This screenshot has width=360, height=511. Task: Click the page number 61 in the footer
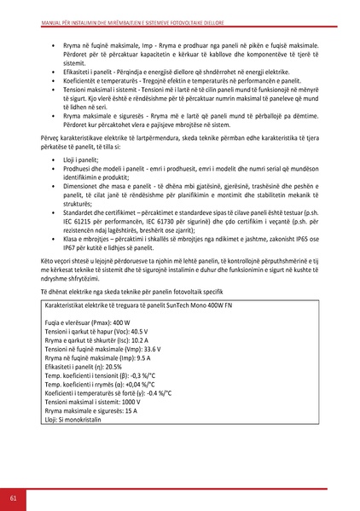[x=14, y=498]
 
